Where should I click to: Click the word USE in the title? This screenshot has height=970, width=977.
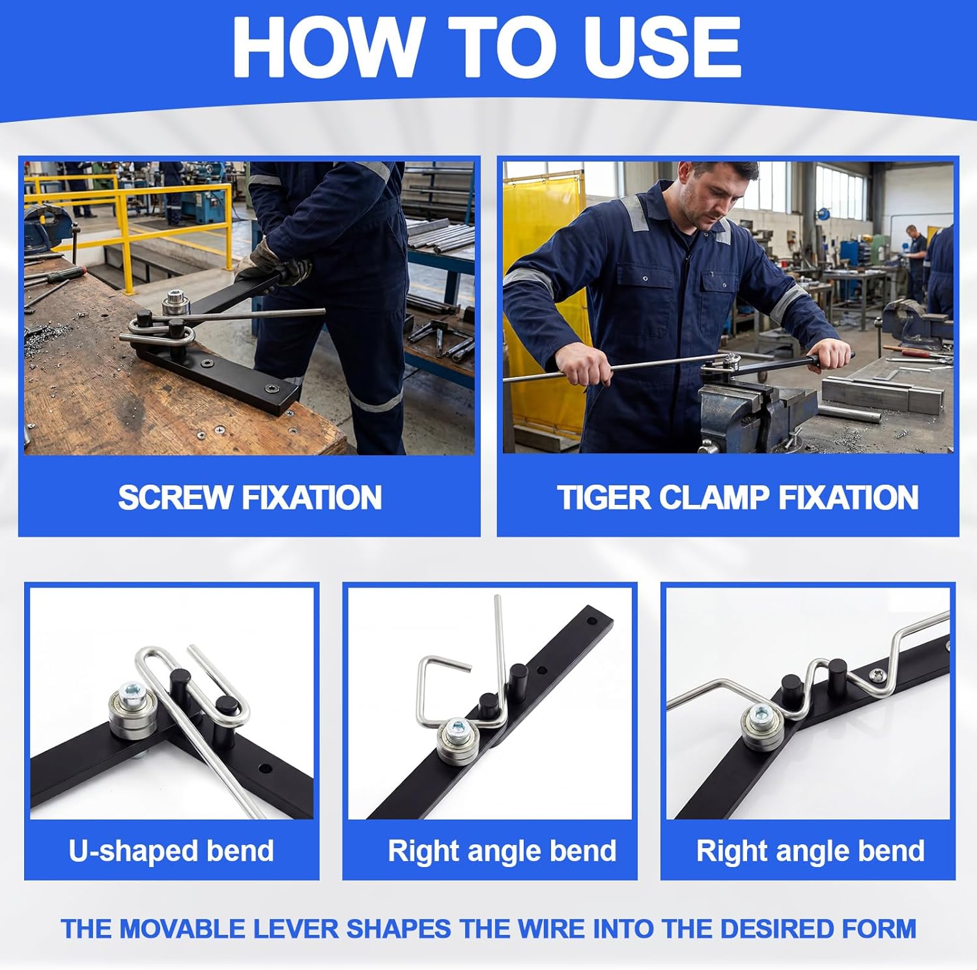(x=662, y=47)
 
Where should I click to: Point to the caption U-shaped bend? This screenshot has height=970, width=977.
(x=171, y=851)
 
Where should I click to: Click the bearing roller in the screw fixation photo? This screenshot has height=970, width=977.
(x=175, y=302)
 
